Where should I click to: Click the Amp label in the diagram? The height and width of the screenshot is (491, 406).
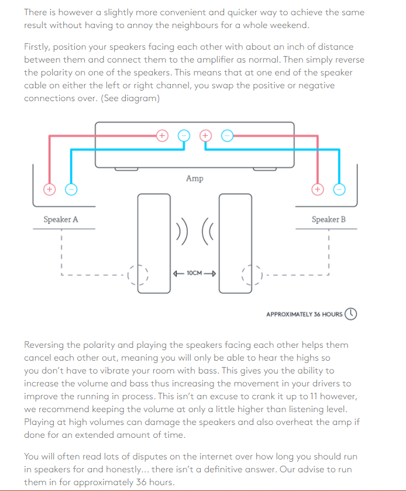pyautogui.click(x=195, y=178)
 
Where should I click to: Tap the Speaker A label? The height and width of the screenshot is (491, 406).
pyautogui.click(x=61, y=220)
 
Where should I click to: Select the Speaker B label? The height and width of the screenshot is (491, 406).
pyautogui.click(x=328, y=220)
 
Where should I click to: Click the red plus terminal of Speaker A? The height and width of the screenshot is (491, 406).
pyautogui.click(x=50, y=189)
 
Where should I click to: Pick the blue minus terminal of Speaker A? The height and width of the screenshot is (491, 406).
pyautogui.click(x=71, y=189)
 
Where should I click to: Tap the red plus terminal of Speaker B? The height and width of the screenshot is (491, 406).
pyautogui.click(x=317, y=189)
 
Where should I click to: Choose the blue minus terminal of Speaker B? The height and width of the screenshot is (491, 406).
pyautogui.click(x=339, y=189)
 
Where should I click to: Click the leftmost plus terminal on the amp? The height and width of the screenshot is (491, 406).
pyautogui.click(x=162, y=135)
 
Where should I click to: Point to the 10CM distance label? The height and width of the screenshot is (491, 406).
pyautogui.click(x=195, y=273)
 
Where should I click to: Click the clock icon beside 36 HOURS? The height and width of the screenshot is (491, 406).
pyautogui.click(x=351, y=314)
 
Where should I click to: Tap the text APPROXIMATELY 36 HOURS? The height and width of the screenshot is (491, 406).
pyautogui.click(x=304, y=314)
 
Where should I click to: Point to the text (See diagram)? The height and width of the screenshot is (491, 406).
pyautogui.click(x=130, y=98)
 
